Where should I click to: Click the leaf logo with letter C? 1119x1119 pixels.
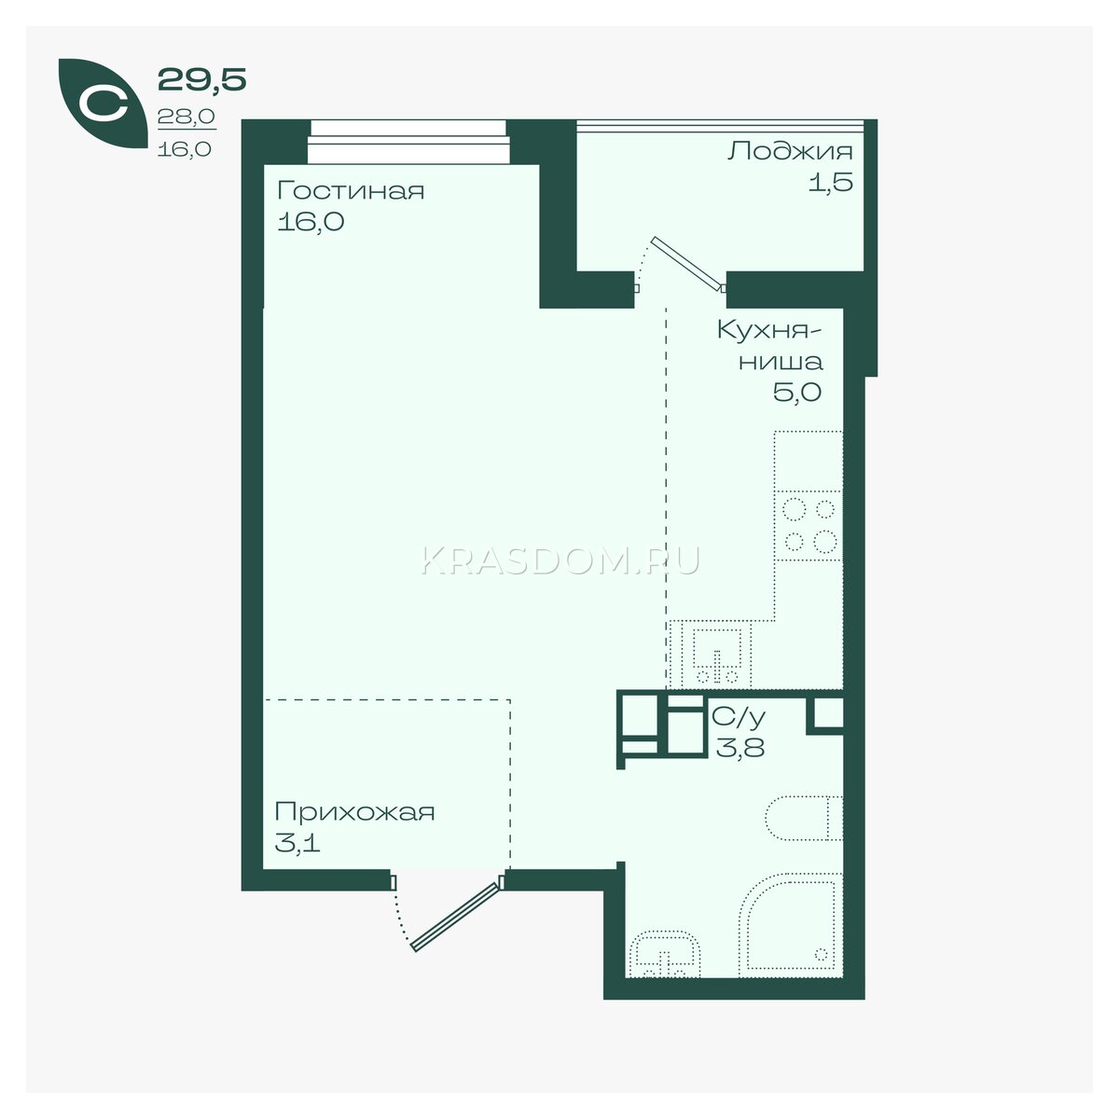click(103, 104)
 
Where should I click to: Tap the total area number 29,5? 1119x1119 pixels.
click(202, 79)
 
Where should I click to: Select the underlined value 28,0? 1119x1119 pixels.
click(186, 117)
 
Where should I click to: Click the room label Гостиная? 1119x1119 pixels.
click(351, 191)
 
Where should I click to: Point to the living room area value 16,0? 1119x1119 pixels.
click(311, 221)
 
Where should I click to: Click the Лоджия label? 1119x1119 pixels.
click(791, 153)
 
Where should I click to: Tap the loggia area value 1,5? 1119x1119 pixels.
click(831, 182)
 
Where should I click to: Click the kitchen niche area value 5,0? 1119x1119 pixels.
click(796, 393)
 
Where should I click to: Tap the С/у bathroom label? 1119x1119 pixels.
click(739, 718)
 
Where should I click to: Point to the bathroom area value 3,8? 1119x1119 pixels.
click(739, 747)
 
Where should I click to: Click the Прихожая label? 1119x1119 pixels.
click(354, 812)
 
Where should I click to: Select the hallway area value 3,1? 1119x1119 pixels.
click(297, 842)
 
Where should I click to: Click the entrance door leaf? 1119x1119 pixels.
click(455, 917)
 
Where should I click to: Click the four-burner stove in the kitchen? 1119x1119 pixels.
click(808, 526)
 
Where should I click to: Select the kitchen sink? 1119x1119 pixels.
click(716, 655)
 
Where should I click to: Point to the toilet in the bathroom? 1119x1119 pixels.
click(804, 818)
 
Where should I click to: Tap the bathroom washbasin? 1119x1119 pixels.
click(665, 955)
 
